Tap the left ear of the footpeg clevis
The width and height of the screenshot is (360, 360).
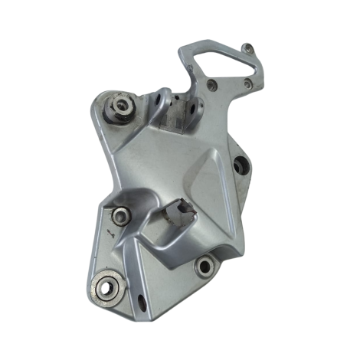pos(162,100)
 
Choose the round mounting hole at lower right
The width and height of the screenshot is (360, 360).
pos(204,267)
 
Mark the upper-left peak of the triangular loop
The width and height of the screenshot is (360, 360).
pos(184,51)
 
